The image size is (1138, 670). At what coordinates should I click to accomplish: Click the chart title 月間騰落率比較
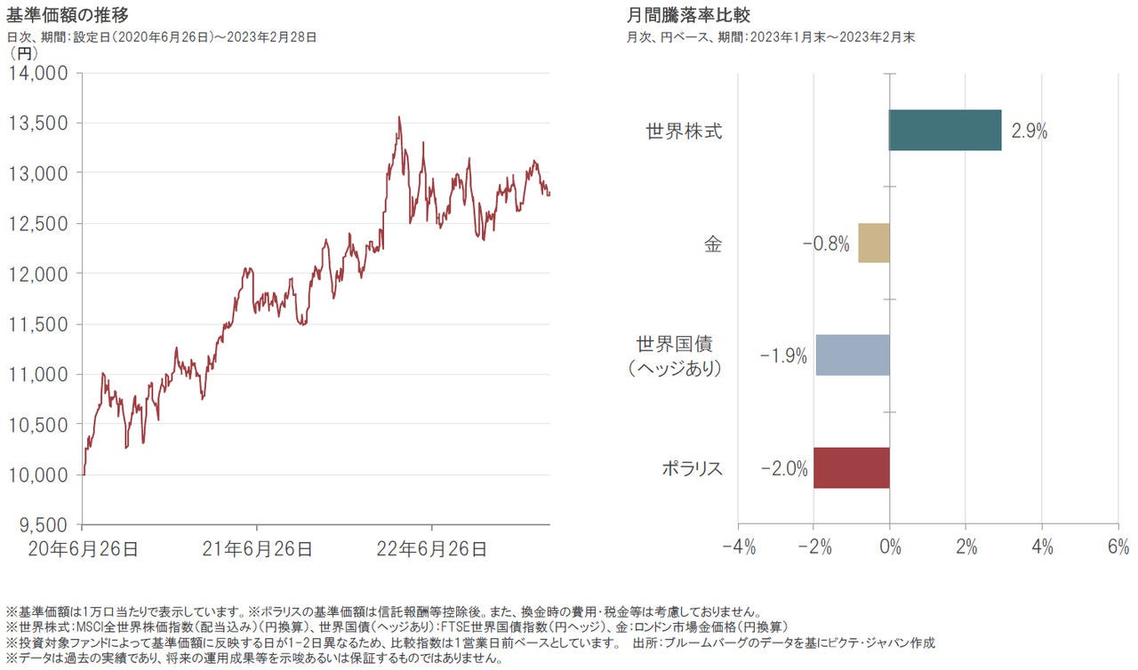(689, 14)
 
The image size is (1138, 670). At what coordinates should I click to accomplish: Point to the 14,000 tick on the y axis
(38, 73)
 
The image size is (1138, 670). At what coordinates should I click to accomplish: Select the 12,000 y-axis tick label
(38, 274)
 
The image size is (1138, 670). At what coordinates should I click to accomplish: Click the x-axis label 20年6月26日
(83, 549)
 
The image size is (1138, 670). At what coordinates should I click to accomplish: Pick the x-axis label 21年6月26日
(257, 549)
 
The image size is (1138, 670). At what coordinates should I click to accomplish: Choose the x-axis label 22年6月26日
(432, 549)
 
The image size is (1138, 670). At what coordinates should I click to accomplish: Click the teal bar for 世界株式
(945, 131)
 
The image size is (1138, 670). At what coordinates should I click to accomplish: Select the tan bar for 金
(874, 243)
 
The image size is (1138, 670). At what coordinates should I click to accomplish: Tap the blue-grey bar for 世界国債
(853, 355)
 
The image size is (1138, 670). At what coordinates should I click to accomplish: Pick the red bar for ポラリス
(851, 468)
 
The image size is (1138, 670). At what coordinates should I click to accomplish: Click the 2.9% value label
(1029, 132)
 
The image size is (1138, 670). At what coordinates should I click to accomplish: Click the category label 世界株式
(684, 132)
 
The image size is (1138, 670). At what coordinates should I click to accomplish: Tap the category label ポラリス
(691, 469)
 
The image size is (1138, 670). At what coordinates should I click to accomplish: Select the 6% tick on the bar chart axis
(1118, 547)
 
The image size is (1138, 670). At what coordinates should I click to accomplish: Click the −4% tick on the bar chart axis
(738, 547)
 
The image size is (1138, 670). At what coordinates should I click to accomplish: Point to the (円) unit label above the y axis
(23, 53)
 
